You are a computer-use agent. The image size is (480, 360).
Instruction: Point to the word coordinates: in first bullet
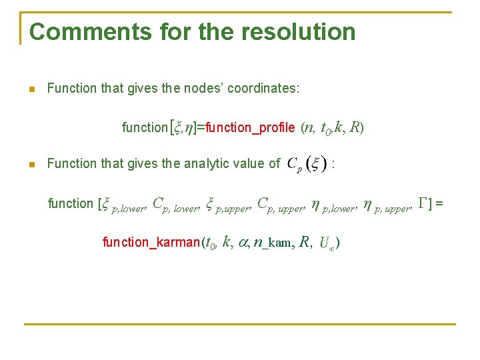pyautogui.click(x=263, y=88)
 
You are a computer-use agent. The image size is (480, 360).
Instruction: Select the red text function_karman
pyautogui.click(x=151, y=242)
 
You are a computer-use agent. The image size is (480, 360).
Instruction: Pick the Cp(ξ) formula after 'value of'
pyautogui.click(x=306, y=164)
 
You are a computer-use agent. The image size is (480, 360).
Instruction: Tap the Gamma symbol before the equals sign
pyautogui.click(x=422, y=203)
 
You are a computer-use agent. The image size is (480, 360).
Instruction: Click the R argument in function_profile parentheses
pyautogui.click(x=355, y=127)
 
